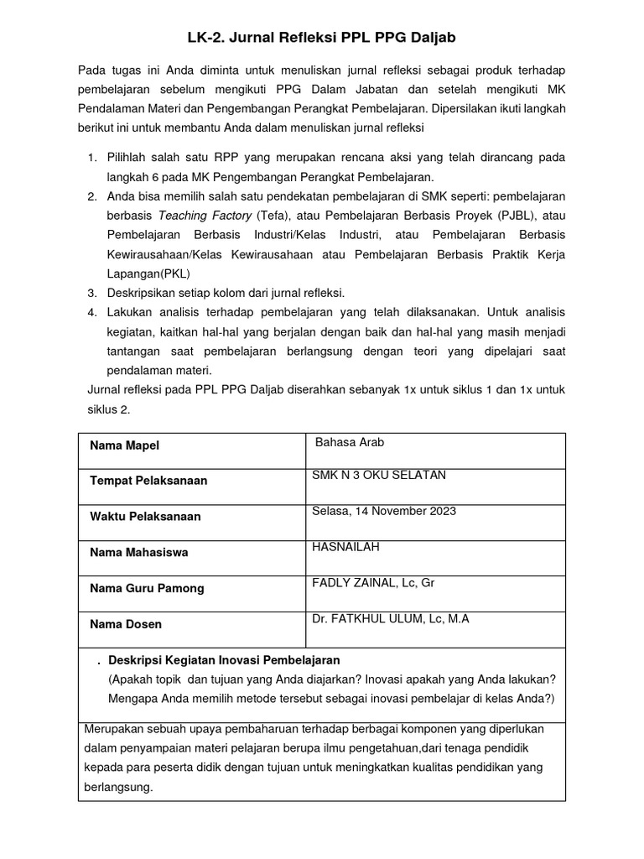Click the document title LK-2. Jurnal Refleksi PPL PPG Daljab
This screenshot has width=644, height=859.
pyautogui.click(x=321, y=38)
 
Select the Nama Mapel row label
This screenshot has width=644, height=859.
pyautogui.click(x=124, y=445)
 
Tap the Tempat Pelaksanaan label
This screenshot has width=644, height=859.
pyautogui.click(x=148, y=481)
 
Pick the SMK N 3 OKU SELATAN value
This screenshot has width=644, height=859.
pyautogui.click(x=379, y=476)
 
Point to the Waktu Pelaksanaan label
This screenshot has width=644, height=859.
pyautogui.click(x=145, y=517)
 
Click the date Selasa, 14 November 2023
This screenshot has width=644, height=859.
pyautogui.click(x=384, y=511)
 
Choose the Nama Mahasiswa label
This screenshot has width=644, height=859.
pyautogui.click(x=138, y=553)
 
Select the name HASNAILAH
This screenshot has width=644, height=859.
pyautogui.click(x=345, y=547)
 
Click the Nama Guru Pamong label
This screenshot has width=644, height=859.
pyautogui.click(x=147, y=588)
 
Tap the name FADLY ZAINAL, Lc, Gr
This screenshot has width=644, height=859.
pyautogui.click(x=373, y=583)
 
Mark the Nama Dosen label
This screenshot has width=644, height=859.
pyautogui.click(x=126, y=624)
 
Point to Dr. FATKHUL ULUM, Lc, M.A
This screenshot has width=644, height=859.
pyautogui.click(x=390, y=619)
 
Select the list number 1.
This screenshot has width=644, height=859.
pyautogui.click(x=91, y=158)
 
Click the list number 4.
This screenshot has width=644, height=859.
pyautogui.click(x=91, y=311)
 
